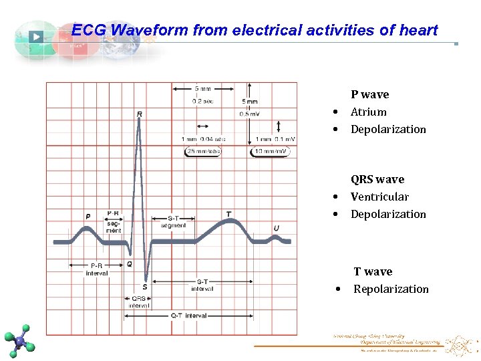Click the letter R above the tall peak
(139, 114)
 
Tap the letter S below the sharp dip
(144, 287)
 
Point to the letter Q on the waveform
(129, 264)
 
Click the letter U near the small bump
(276, 228)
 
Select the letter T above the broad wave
(229, 214)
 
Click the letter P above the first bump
(88, 217)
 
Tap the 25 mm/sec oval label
(202, 152)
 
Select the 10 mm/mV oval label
(270, 152)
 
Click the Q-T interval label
(189, 316)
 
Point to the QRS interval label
(139, 302)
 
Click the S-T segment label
(173, 221)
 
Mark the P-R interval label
(96, 269)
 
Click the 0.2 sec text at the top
(203, 101)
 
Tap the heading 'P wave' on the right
(369, 95)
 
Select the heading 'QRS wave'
(377, 179)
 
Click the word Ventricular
(379, 197)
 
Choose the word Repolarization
(391, 289)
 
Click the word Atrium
(368, 112)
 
